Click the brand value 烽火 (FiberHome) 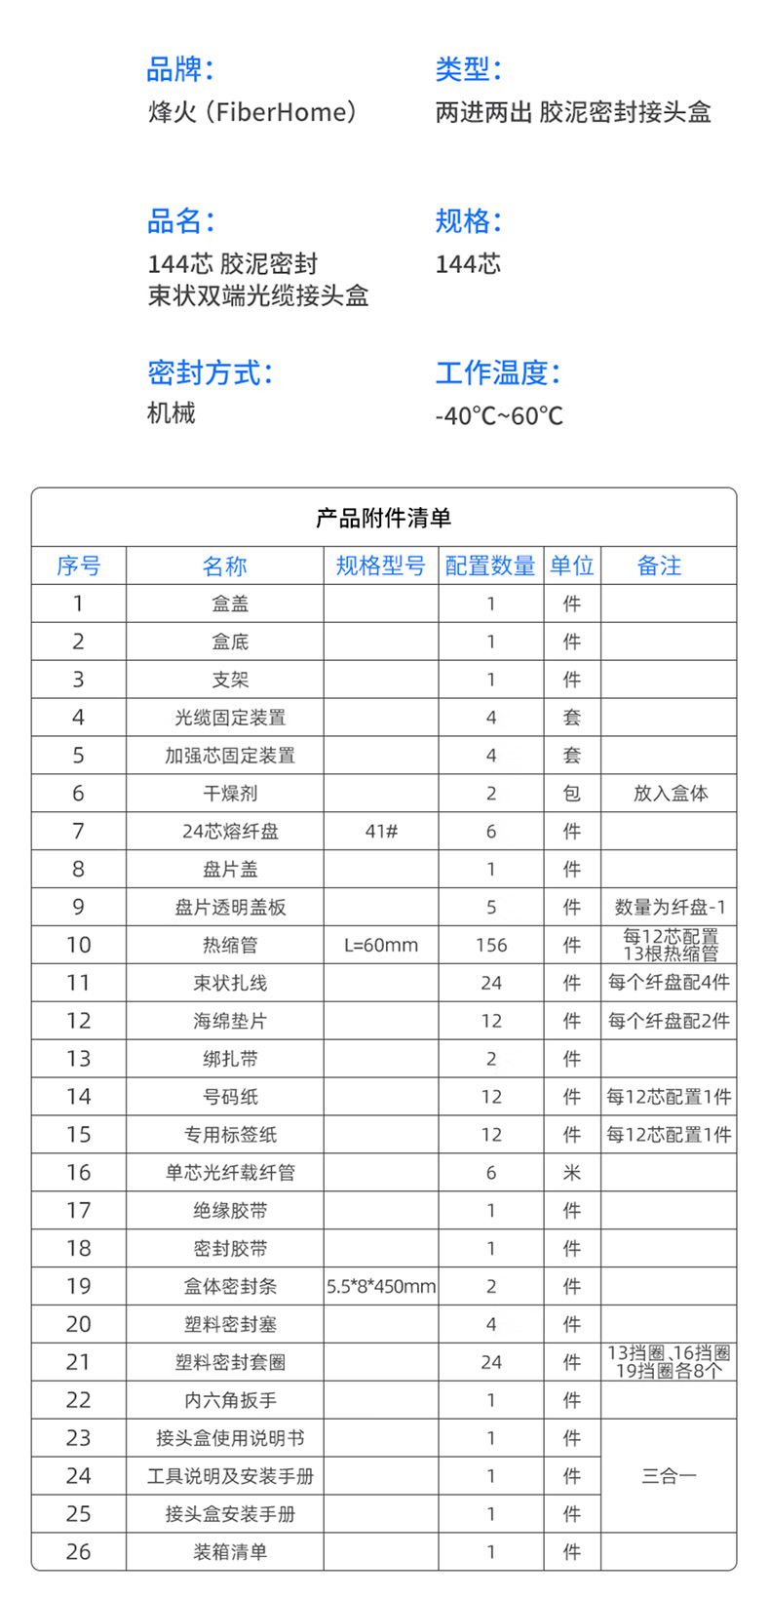click(251, 112)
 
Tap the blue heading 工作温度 click(497, 372)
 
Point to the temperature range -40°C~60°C click(498, 416)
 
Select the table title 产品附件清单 click(383, 518)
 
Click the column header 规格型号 click(380, 565)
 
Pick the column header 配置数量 click(490, 565)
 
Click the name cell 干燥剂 click(230, 794)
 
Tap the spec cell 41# click(380, 832)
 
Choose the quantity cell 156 click(490, 946)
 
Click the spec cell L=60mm click(380, 946)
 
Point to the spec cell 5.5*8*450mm click(380, 1287)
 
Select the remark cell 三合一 click(669, 1476)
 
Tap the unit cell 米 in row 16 click(572, 1173)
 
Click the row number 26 click(79, 1552)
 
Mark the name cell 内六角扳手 click(230, 1400)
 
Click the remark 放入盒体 click(669, 794)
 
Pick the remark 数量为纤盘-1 click(669, 908)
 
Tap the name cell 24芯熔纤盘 click(230, 832)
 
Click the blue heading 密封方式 click(209, 372)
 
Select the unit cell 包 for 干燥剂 click(572, 794)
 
